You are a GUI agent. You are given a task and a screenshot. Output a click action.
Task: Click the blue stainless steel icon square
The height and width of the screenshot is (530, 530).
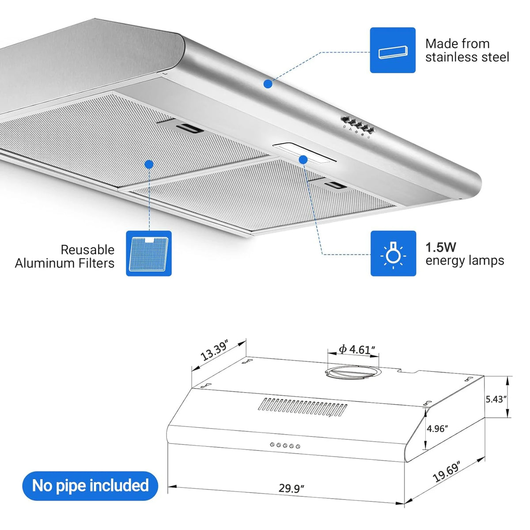pyautogui.click(x=393, y=50)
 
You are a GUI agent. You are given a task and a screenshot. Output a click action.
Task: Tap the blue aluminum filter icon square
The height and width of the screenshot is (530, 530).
pyautogui.click(x=149, y=254)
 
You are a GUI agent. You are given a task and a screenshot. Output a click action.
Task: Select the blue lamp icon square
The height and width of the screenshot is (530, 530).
pyautogui.click(x=394, y=254)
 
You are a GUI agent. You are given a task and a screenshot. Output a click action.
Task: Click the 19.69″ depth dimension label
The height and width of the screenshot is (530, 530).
pyautogui.click(x=447, y=472)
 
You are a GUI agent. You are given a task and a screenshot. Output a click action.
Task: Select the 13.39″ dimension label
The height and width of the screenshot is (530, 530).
pyautogui.click(x=214, y=351)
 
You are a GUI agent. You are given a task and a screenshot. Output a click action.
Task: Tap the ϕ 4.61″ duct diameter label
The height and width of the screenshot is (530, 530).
pyautogui.click(x=357, y=349)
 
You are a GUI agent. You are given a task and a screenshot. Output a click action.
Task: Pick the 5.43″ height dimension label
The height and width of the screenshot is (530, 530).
pyautogui.click(x=496, y=399)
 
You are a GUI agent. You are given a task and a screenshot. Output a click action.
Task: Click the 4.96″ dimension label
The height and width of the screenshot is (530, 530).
pyautogui.click(x=437, y=428)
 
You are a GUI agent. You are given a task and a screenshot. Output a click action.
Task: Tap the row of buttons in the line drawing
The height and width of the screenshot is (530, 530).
pyautogui.click(x=285, y=445)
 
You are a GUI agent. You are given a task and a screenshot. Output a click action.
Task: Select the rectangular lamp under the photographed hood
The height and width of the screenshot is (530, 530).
pyautogui.click(x=304, y=153)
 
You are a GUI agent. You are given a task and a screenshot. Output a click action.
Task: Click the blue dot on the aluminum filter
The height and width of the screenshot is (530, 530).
pyautogui.click(x=149, y=164)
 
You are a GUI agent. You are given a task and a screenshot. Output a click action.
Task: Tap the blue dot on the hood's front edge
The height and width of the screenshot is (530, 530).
pyautogui.click(x=268, y=84)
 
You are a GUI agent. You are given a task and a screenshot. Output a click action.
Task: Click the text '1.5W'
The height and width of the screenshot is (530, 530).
pyautogui.click(x=441, y=247)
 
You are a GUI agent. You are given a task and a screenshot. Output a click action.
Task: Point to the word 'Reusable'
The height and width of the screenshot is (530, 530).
pyautogui.click(x=87, y=250)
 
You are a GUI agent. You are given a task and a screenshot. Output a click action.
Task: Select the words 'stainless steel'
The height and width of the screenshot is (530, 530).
pyautogui.click(x=467, y=57)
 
